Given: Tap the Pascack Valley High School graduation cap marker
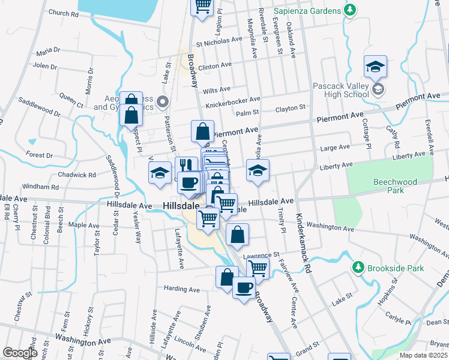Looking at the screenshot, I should tap(375, 67).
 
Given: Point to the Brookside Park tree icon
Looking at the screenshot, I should tap(359, 266).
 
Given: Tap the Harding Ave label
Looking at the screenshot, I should tap(181, 289).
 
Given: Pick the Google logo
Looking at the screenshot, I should tap(20, 353).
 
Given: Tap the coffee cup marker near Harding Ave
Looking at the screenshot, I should tap(243, 289).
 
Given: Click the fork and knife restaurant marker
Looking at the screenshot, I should tap(185, 165).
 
